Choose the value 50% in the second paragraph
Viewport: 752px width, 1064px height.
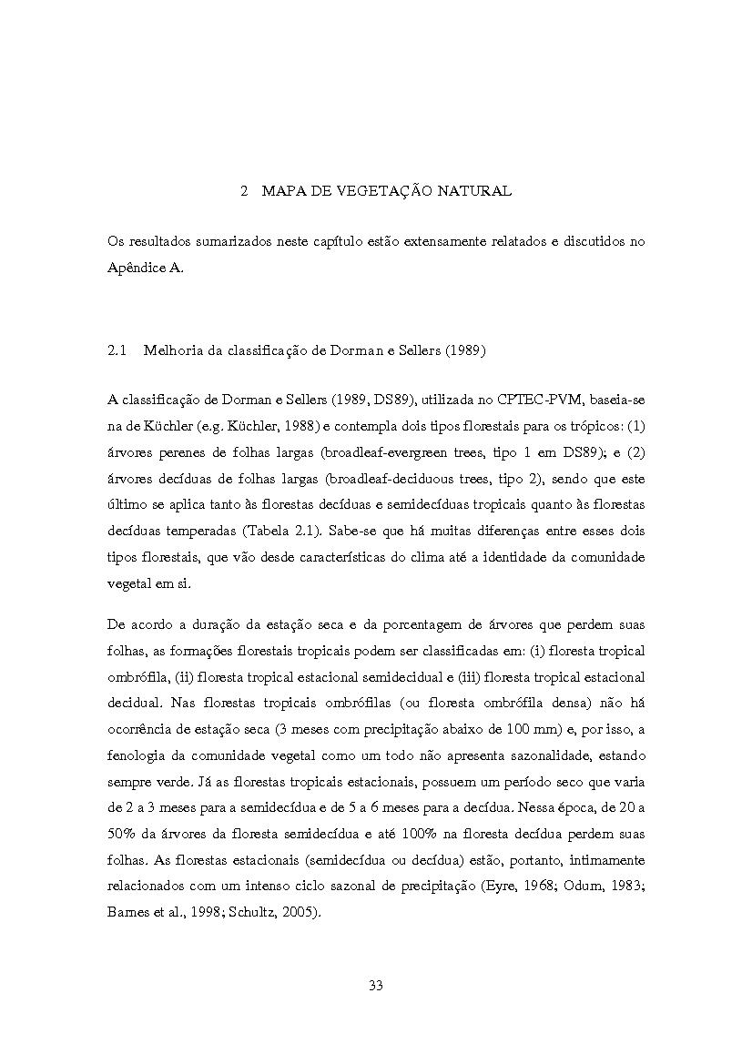(122, 833)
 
